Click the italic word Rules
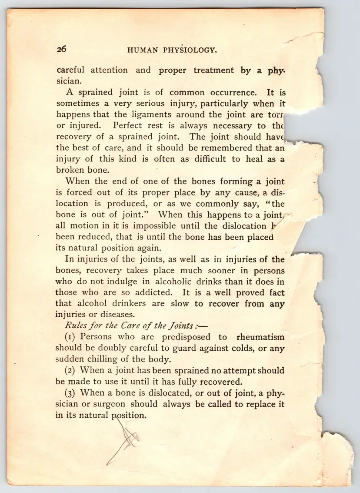tap(76, 326)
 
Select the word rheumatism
tap(260, 337)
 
